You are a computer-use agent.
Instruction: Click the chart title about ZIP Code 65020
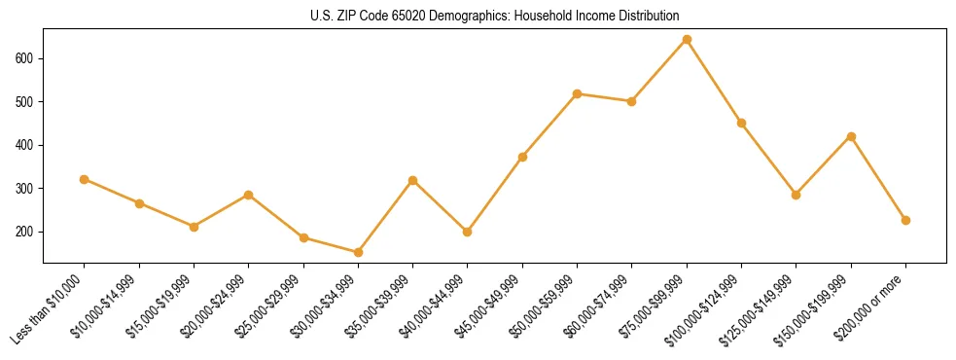coord(478,17)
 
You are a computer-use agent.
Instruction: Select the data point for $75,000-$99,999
coord(688,40)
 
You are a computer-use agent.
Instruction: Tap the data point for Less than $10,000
coord(85,179)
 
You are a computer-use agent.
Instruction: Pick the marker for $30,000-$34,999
coord(359,252)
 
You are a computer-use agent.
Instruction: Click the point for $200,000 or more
coord(906,220)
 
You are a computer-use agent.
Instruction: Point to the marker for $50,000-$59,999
coord(578,93)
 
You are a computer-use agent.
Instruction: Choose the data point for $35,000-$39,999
coord(413,180)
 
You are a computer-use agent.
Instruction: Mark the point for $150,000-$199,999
coord(852,136)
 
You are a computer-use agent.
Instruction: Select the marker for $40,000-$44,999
coord(468,232)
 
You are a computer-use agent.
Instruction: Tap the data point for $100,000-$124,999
coord(742,123)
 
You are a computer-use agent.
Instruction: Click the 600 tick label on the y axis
coord(24,58)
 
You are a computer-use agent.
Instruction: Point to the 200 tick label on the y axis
coord(24,232)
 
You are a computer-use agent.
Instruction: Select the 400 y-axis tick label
coord(24,145)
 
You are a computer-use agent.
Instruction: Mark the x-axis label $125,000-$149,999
coord(761,309)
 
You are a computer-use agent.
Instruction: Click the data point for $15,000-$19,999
coord(195,227)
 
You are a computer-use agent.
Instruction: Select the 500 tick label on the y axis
coord(24,102)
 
